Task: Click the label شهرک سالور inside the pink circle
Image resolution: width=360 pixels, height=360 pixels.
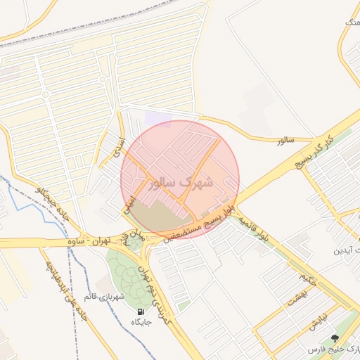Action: click(181, 181)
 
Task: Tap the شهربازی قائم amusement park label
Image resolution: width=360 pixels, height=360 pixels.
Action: click(105, 296)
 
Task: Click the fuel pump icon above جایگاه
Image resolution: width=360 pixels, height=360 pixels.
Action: click(141, 311)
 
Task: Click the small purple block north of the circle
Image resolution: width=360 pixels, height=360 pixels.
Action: click(157, 119)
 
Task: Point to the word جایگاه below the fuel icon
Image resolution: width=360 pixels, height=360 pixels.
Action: click(141, 322)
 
